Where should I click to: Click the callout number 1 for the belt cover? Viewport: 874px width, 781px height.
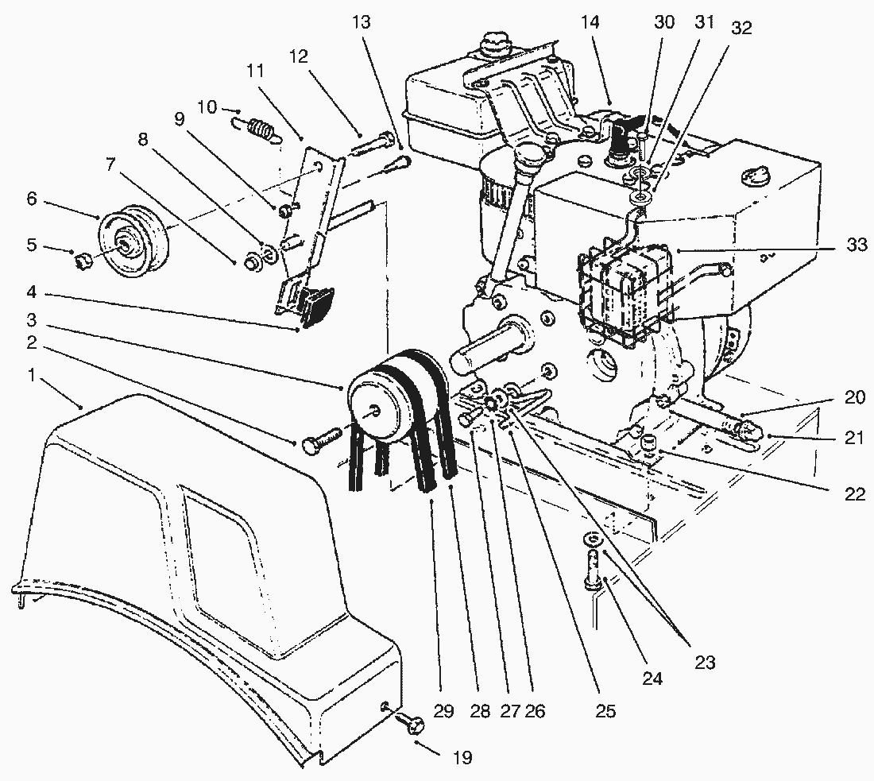point(31,374)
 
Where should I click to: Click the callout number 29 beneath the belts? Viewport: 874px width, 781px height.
point(443,711)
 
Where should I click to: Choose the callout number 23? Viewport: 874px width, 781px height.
point(704,663)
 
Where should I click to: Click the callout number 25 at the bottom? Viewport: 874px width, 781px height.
point(605,711)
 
